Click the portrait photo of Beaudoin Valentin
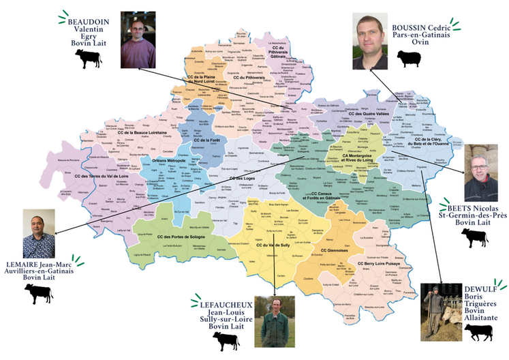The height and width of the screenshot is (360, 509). coord(138,39)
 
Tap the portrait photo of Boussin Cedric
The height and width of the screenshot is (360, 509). coord(370,42)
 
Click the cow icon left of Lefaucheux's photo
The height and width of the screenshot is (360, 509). coord(226,341)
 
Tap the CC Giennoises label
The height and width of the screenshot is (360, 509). coord(334,250)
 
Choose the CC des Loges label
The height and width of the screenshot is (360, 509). coord(242,179)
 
